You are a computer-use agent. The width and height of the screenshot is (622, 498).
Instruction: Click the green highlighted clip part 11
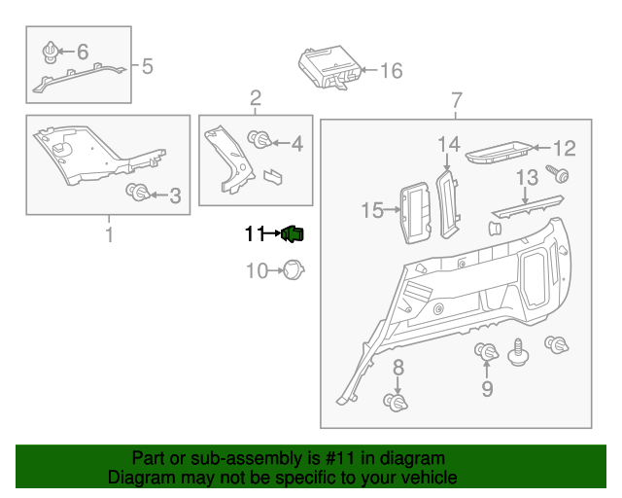[293, 233]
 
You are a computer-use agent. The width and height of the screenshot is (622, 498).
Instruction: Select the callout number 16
[390, 71]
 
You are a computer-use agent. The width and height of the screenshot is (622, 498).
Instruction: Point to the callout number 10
[256, 270]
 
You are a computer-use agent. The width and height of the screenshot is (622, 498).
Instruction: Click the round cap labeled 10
[294, 269]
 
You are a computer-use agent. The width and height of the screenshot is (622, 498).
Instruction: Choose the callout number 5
[147, 66]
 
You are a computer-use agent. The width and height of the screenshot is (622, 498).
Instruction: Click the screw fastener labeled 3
[138, 193]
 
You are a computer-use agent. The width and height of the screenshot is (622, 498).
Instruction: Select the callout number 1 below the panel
[108, 234]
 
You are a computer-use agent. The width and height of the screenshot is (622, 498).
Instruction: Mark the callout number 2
[256, 97]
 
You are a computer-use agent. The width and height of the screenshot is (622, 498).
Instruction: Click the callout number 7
[455, 100]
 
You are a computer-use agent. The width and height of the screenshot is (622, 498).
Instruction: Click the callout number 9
[487, 389]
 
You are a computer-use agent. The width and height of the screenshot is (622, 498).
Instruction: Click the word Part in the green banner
[148, 458]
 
